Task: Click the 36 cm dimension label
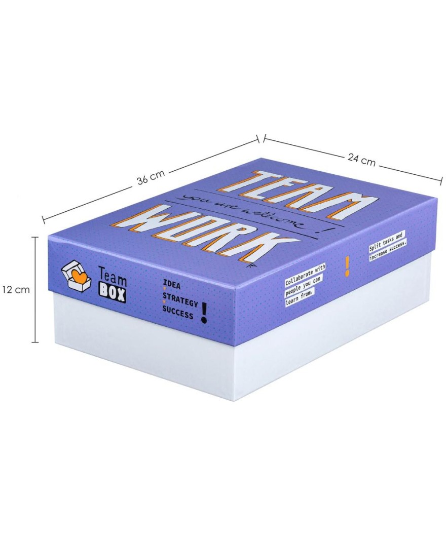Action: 151,177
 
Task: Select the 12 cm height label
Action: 16,289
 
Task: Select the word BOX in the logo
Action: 112,294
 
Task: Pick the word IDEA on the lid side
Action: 172,284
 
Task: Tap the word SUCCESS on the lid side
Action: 177,313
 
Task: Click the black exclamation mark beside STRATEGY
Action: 204,312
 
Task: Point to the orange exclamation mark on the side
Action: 347,266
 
